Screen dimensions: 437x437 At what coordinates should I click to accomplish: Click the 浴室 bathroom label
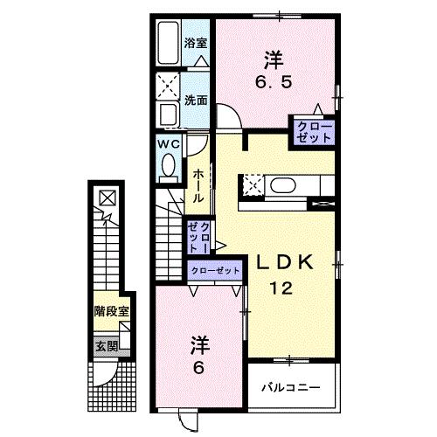(x=195, y=42)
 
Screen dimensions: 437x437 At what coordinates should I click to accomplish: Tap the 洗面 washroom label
(x=195, y=100)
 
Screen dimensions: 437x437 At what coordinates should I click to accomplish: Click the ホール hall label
(x=199, y=184)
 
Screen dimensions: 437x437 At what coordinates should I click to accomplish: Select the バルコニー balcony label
(x=291, y=385)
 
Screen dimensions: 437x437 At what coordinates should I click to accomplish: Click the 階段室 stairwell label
(x=112, y=310)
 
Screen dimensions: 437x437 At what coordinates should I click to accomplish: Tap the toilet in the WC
(x=168, y=163)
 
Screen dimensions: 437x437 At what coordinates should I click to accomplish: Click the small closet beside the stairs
(x=197, y=236)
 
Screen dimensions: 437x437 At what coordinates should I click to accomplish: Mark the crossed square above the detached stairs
(x=107, y=198)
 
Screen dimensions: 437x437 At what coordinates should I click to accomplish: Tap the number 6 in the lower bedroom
(x=199, y=367)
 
